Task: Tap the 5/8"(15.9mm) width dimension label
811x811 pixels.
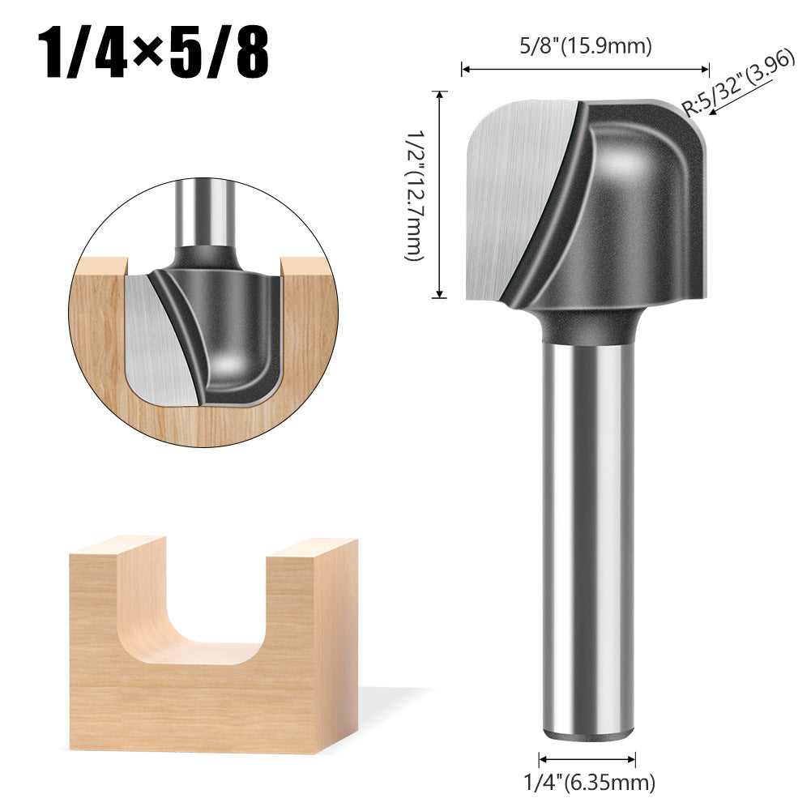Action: point(586,46)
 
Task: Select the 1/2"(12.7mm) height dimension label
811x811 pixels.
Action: point(414,195)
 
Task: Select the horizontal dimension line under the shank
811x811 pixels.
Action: point(587,759)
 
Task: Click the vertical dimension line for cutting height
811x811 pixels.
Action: point(441,194)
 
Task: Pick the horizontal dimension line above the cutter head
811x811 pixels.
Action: point(585,70)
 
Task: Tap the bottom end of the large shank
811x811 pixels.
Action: point(587,733)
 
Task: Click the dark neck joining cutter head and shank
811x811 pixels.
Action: point(587,324)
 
